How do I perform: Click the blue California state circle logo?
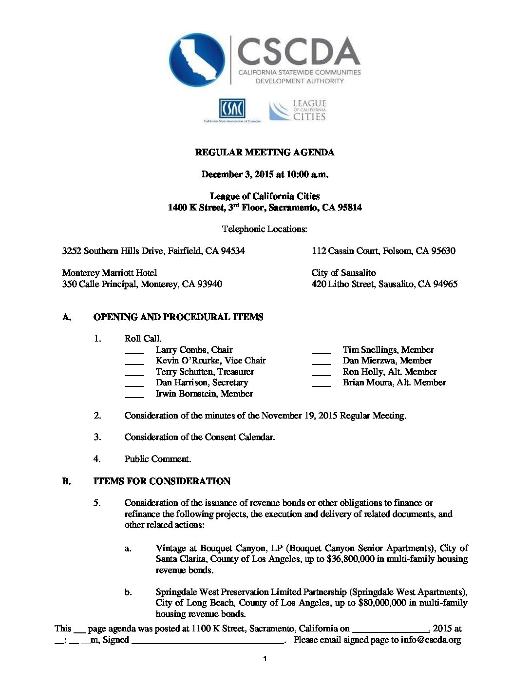coord(197,60)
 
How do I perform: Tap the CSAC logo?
coord(232,109)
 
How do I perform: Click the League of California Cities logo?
coord(298,110)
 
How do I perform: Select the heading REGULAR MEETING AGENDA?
coord(265,152)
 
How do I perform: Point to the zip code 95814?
coord(350,208)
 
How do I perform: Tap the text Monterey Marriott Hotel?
coord(110,273)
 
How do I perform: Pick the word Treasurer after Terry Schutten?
coord(236,372)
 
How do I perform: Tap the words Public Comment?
coord(157,459)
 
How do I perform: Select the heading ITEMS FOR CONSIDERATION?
coord(162,481)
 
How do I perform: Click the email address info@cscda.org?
coord(431,640)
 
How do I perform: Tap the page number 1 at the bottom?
coord(265,659)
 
